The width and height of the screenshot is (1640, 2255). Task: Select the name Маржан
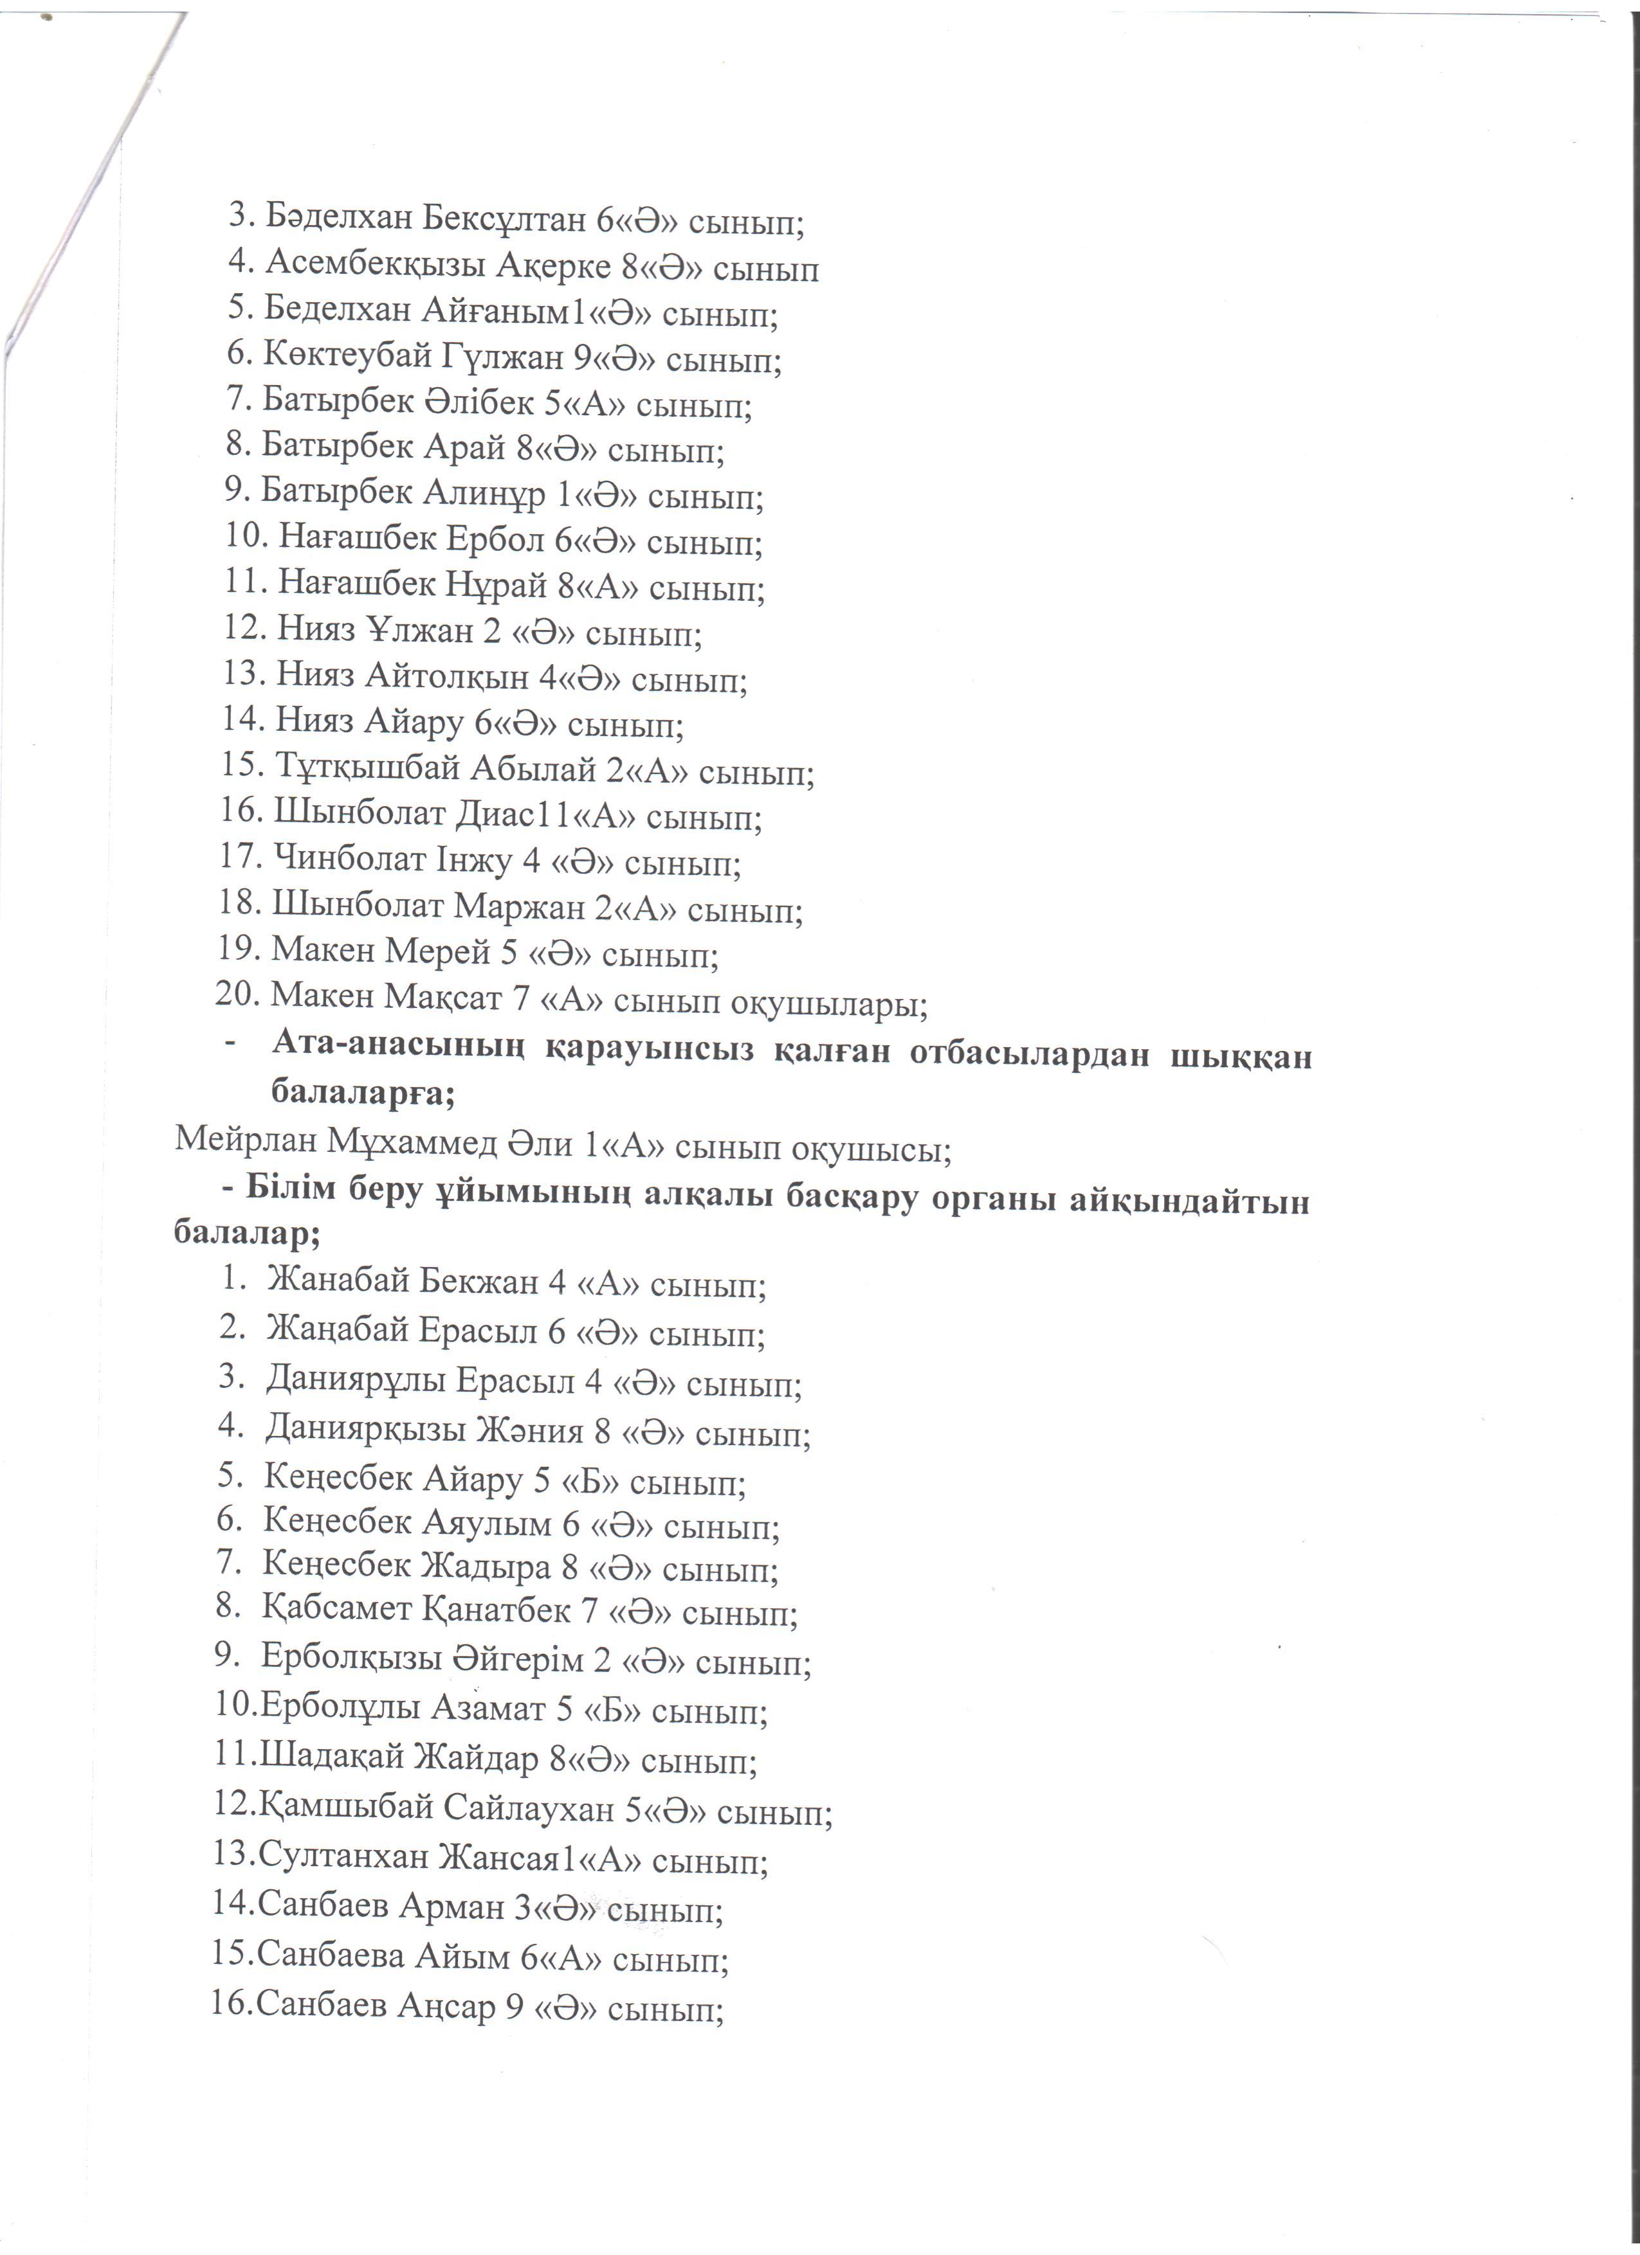point(520,908)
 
